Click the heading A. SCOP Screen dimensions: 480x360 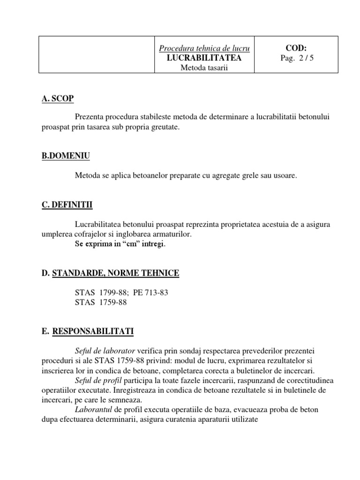58,98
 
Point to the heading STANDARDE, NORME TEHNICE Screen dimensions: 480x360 115,273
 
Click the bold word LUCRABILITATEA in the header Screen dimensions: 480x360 204,58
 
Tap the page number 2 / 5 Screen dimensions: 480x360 307,58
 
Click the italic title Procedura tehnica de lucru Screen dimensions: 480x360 204,48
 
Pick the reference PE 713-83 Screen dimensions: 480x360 150,292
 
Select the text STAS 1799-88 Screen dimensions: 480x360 101,292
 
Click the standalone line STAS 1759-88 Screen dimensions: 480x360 101,302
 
